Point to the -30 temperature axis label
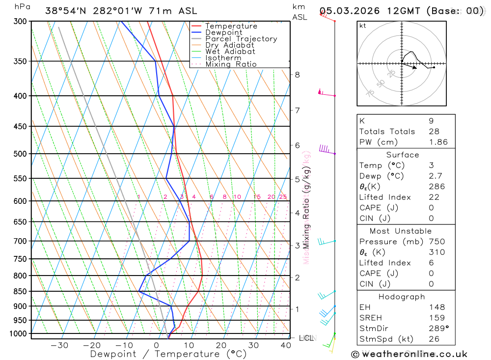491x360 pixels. coord(59,345)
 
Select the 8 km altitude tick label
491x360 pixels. coord(297,75)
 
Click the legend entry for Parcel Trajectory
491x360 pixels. coord(241,39)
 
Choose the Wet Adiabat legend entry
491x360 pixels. coord(230,52)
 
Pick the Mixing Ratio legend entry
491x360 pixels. coord(231,64)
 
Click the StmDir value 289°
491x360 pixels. coord(438,329)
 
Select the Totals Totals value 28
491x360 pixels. coord(434,131)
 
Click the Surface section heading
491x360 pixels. coord(403,155)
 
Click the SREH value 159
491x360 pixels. coord(436,318)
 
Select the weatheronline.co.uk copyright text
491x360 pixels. coord(409,354)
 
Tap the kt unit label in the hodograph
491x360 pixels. coord(363,26)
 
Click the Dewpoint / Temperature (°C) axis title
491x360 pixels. coord(168,354)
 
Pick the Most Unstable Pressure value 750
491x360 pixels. coord(436,242)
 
